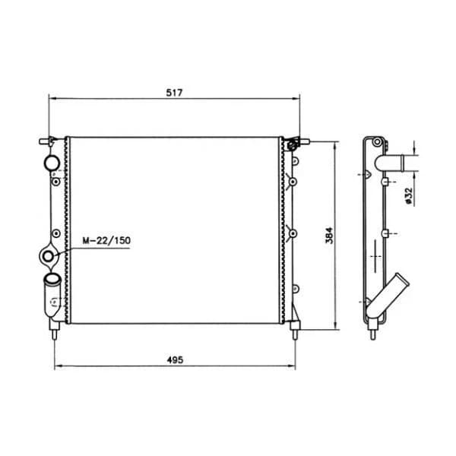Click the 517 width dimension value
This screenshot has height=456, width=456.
tap(174, 93)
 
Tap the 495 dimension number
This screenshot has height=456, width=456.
tap(175, 360)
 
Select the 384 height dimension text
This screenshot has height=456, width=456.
tap(329, 236)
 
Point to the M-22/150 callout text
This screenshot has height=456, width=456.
tap(106, 240)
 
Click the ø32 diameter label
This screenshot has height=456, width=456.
tap(409, 195)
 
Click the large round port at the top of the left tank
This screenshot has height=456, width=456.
tap(52, 163)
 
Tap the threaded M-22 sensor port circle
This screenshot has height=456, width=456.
tap(48, 256)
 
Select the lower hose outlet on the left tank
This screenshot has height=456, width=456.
tap(52, 295)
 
